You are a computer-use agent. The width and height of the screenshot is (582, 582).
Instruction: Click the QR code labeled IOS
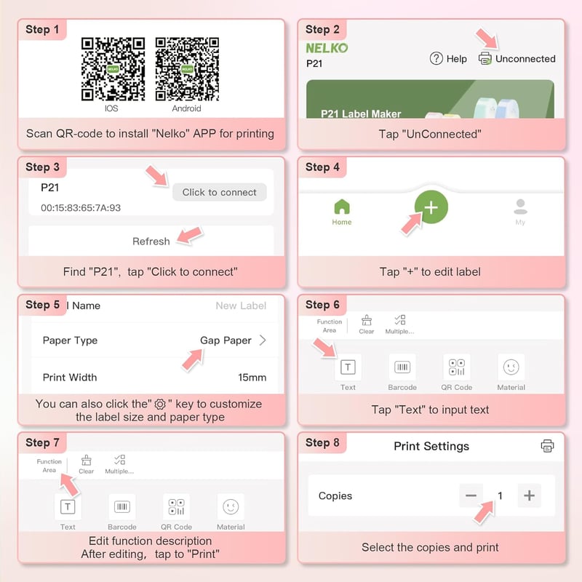(113, 68)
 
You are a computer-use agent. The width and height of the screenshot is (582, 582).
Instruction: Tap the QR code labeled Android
(187, 68)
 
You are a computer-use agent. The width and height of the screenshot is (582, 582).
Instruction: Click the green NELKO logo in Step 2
(327, 48)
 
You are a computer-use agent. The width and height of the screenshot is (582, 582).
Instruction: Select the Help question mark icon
(436, 58)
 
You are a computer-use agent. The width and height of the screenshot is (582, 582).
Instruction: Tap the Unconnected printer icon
(485, 58)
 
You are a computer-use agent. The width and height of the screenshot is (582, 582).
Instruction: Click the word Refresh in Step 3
(151, 242)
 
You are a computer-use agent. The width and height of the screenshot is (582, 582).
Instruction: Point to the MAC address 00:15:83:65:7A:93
(81, 208)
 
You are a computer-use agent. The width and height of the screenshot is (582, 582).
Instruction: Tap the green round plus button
(431, 207)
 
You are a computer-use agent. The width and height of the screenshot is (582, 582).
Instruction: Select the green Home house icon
(342, 207)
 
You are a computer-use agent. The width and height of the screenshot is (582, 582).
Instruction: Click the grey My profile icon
(520, 207)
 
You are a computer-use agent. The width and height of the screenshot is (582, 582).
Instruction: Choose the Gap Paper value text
(226, 340)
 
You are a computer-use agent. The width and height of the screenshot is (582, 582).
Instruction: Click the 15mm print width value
(252, 378)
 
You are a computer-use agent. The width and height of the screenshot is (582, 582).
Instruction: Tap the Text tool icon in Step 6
(348, 367)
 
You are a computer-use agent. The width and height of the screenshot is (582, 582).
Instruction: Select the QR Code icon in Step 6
(457, 367)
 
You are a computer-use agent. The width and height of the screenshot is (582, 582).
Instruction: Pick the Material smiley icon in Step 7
(231, 506)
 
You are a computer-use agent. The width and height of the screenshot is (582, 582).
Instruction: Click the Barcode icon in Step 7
(121, 506)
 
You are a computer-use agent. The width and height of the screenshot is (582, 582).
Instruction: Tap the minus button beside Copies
(471, 495)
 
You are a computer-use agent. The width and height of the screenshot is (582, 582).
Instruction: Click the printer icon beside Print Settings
(547, 446)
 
